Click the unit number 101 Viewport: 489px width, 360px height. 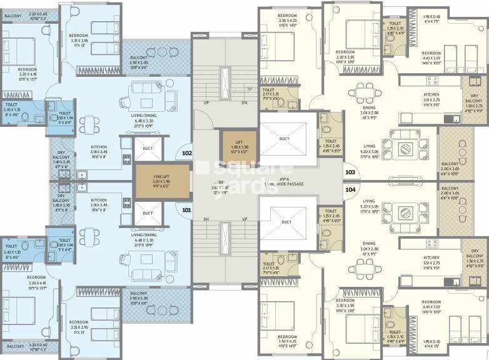pyautogui.click(x=186, y=211)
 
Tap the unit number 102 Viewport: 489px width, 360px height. pyautogui.click(x=186, y=152)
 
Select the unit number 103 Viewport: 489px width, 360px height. pyautogui.click(x=350, y=172)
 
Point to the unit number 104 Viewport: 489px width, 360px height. pyautogui.click(x=350, y=189)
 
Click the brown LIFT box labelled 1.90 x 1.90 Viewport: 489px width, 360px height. pyautogui.click(x=238, y=146)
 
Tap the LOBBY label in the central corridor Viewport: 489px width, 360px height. pyautogui.click(x=219, y=186)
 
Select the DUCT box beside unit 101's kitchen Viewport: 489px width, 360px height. pyautogui.click(x=148, y=213)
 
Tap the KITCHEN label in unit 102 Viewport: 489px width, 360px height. pyautogui.click(x=98, y=147)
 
